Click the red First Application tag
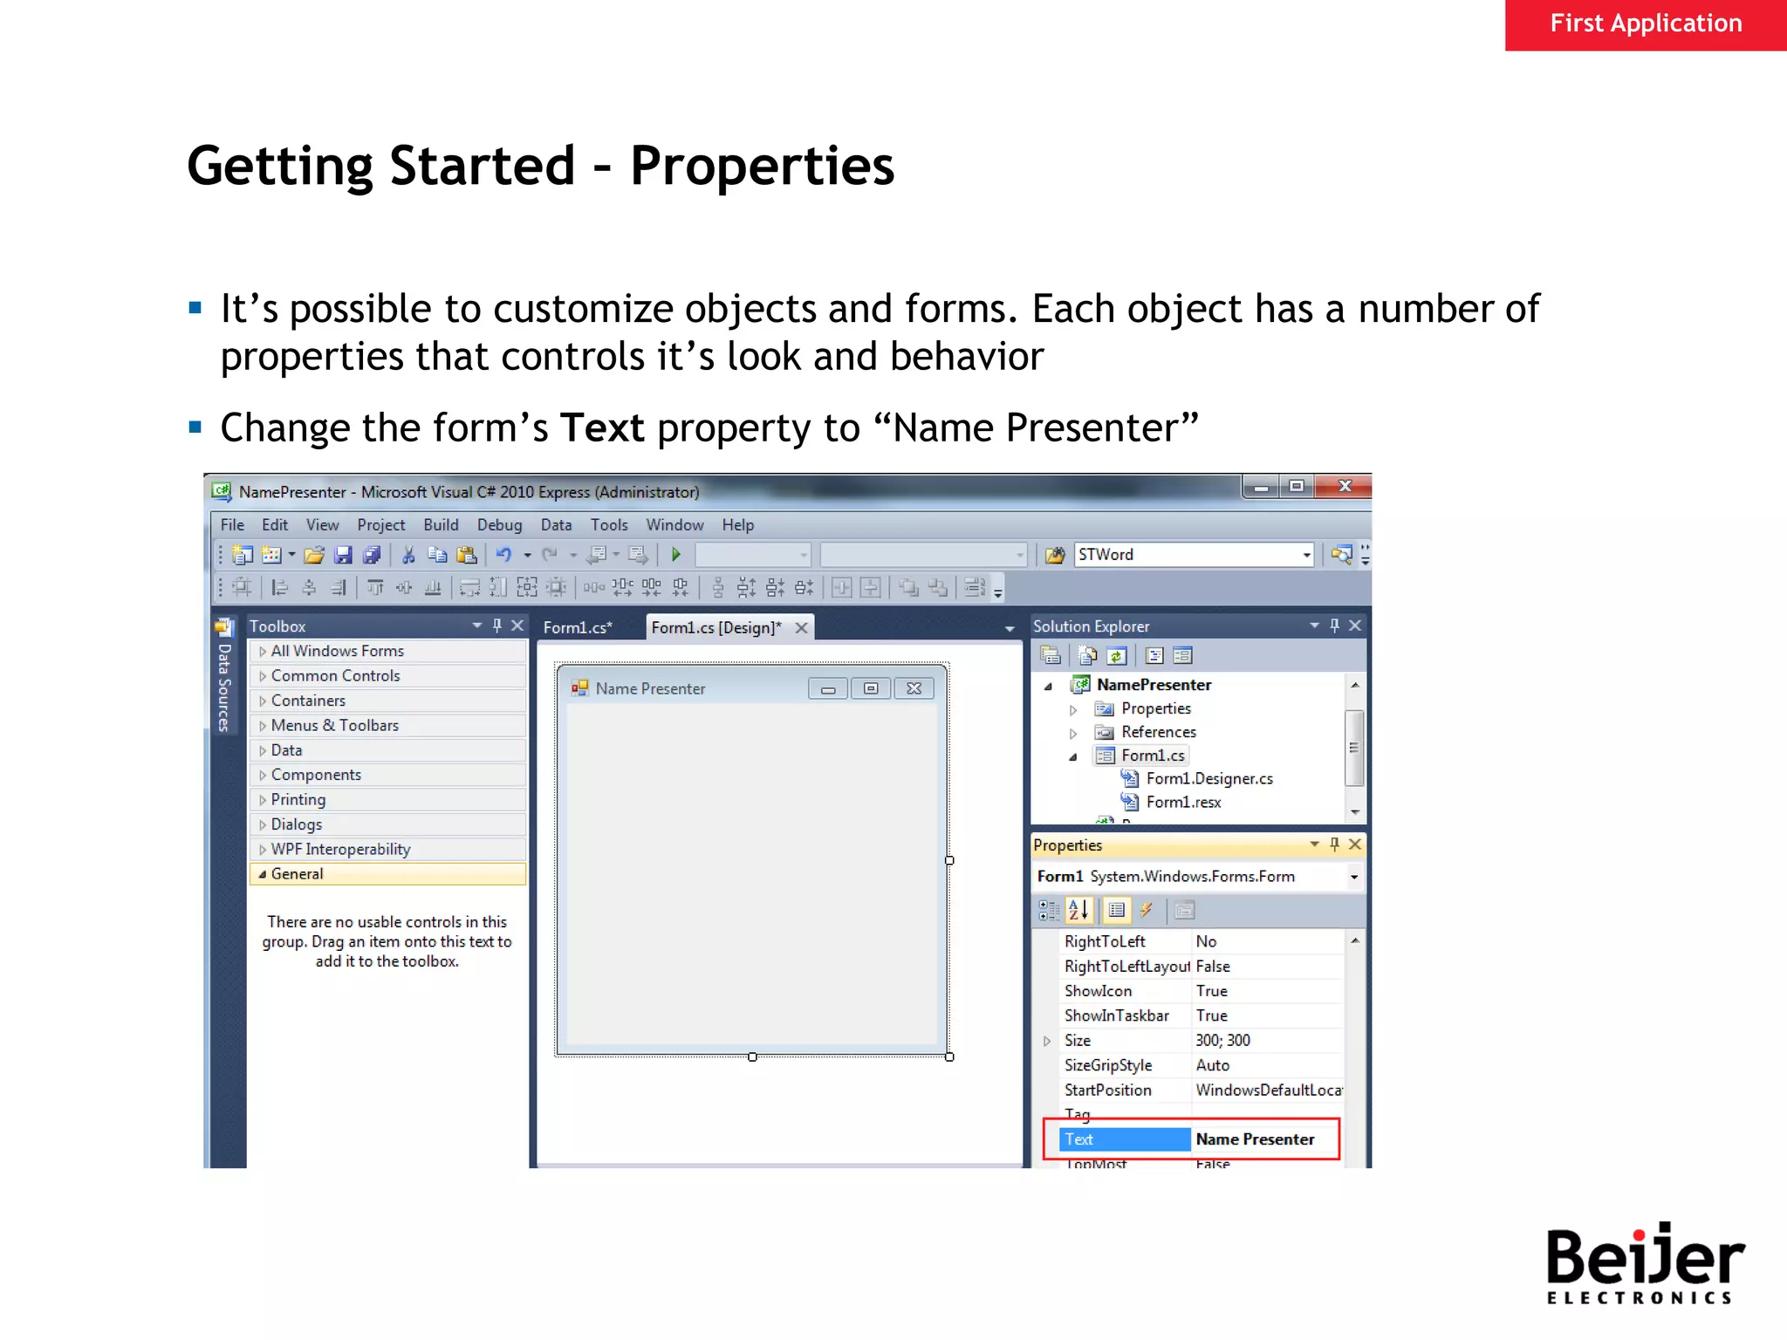click(1645, 24)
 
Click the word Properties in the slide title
click(762, 166)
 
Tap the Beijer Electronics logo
click(1644, 1262)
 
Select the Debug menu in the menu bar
click(499, 524)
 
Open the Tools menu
click(608, 524)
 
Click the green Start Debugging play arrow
click(675, 554)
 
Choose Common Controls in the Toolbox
click(335, 675)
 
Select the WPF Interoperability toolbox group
click(340, 849)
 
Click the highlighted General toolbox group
click(297, 873)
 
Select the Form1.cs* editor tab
click(578, 627)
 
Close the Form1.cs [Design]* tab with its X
click(801, 627)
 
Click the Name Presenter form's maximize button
click(870, 688)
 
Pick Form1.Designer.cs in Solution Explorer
click(1208, 778)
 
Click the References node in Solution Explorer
click(1158, 732)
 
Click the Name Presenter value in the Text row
click(1255, 1138)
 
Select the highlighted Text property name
click(1079, 1138)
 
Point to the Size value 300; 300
click(1222, 1040)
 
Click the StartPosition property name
click(1107, 1090)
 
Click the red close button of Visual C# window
click(1345, 486)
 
